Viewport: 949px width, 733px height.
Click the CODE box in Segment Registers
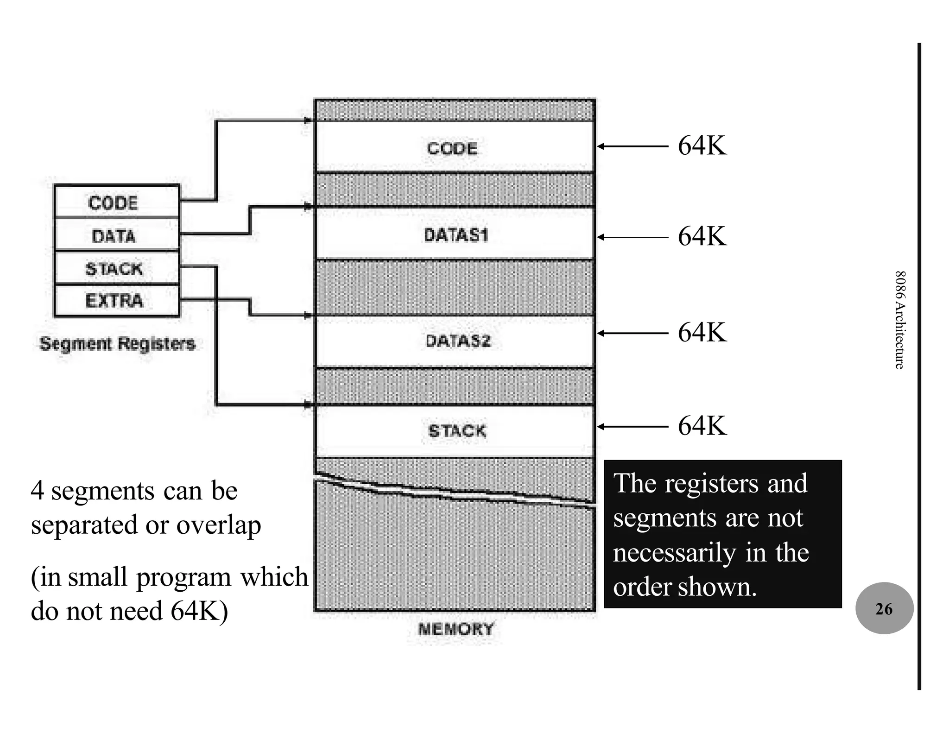coord(116,202)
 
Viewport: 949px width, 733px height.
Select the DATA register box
coord(116,235)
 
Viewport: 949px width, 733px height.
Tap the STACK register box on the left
coord(116,268)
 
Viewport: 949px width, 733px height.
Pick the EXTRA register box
coord(116,301)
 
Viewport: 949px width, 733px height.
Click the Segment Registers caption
coord(117,344)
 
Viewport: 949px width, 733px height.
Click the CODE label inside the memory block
coord(452,148)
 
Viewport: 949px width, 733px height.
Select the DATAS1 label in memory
coord(456,235)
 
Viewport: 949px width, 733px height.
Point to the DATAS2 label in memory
coord(458,341)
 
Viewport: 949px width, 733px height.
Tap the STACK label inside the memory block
coord(457,431)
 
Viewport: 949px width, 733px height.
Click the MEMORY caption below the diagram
coord(456,629)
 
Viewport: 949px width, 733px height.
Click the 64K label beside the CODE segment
coord(702,146)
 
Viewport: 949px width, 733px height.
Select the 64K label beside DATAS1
coord(702,237)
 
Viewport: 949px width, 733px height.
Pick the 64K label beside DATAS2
coord(702,333)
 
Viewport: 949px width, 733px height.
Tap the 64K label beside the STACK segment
coord(702,426)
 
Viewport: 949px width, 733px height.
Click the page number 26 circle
coord(884,608)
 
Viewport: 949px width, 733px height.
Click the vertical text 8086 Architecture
coord(899,320)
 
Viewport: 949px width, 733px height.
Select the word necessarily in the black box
coord(674,553)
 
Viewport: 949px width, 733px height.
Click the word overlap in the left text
coord(219,525)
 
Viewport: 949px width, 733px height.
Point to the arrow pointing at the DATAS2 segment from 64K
coord(632,333)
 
